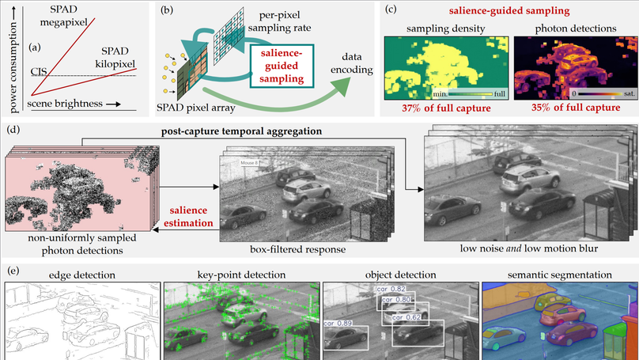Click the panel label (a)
pos(36,47)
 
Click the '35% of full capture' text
pos(567,108)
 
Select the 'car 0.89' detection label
pos(338,323)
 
